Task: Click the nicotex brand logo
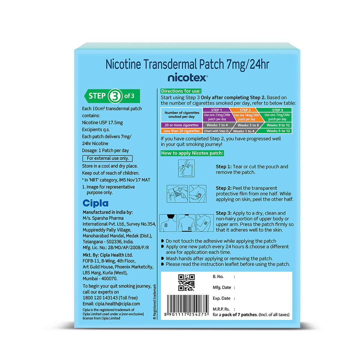(187, 78)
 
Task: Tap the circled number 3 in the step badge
(114, 96)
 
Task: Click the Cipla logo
(95, 203)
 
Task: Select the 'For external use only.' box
(107, 158)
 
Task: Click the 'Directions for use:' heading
(181, 91)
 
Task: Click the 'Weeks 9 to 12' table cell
(278, 125)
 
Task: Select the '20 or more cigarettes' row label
(181, 125)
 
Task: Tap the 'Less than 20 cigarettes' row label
(181, 131)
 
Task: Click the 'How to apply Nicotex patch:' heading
(192, 153)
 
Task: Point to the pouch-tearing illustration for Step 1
(186, 168)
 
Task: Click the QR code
(186, 282)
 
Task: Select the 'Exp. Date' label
(221, 298)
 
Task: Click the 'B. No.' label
(218, 277)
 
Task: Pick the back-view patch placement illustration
(168, 223)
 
